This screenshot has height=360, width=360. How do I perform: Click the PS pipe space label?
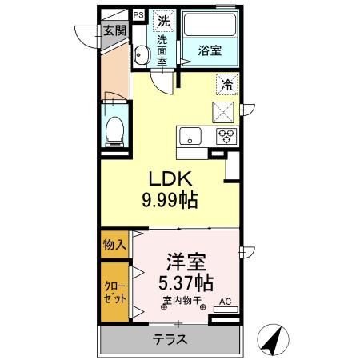point(138,15)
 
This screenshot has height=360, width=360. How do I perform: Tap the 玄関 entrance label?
point(114,30)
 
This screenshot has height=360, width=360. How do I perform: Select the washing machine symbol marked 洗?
point(164,21)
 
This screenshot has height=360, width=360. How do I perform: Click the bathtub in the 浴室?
point(210,25)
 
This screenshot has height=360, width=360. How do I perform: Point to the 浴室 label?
point(210,50)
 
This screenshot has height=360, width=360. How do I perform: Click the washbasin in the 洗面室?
point(141,55)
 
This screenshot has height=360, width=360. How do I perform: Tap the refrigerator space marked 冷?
point(227,84)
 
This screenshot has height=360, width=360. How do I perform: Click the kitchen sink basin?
point(190,136)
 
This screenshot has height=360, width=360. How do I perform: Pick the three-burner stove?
point(226,136)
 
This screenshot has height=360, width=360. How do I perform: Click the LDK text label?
point(170,178)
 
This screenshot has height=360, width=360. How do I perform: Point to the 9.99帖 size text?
point(170,200)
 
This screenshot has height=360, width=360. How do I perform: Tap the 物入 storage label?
point(114,245)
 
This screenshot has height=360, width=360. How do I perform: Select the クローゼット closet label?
point(114,293)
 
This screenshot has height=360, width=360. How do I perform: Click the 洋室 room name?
point(186,262)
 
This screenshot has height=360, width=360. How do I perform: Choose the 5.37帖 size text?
point(186,283)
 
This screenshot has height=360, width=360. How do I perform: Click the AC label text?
point(225,302)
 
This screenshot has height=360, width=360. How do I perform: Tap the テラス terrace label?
point(170,340)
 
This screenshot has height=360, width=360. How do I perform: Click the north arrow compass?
point(273,339)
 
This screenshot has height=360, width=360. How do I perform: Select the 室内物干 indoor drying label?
point(182,301)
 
